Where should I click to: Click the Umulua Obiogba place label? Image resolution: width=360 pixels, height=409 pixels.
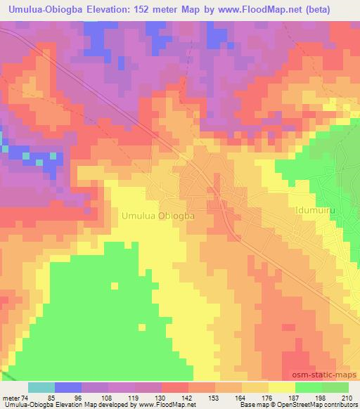coord(158,216)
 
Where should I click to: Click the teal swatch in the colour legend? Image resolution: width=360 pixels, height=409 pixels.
coord(41,387)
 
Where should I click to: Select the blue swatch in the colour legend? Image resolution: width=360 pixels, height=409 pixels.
coord(68,387)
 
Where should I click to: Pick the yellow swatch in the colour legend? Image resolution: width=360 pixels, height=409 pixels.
coord(283,387)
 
